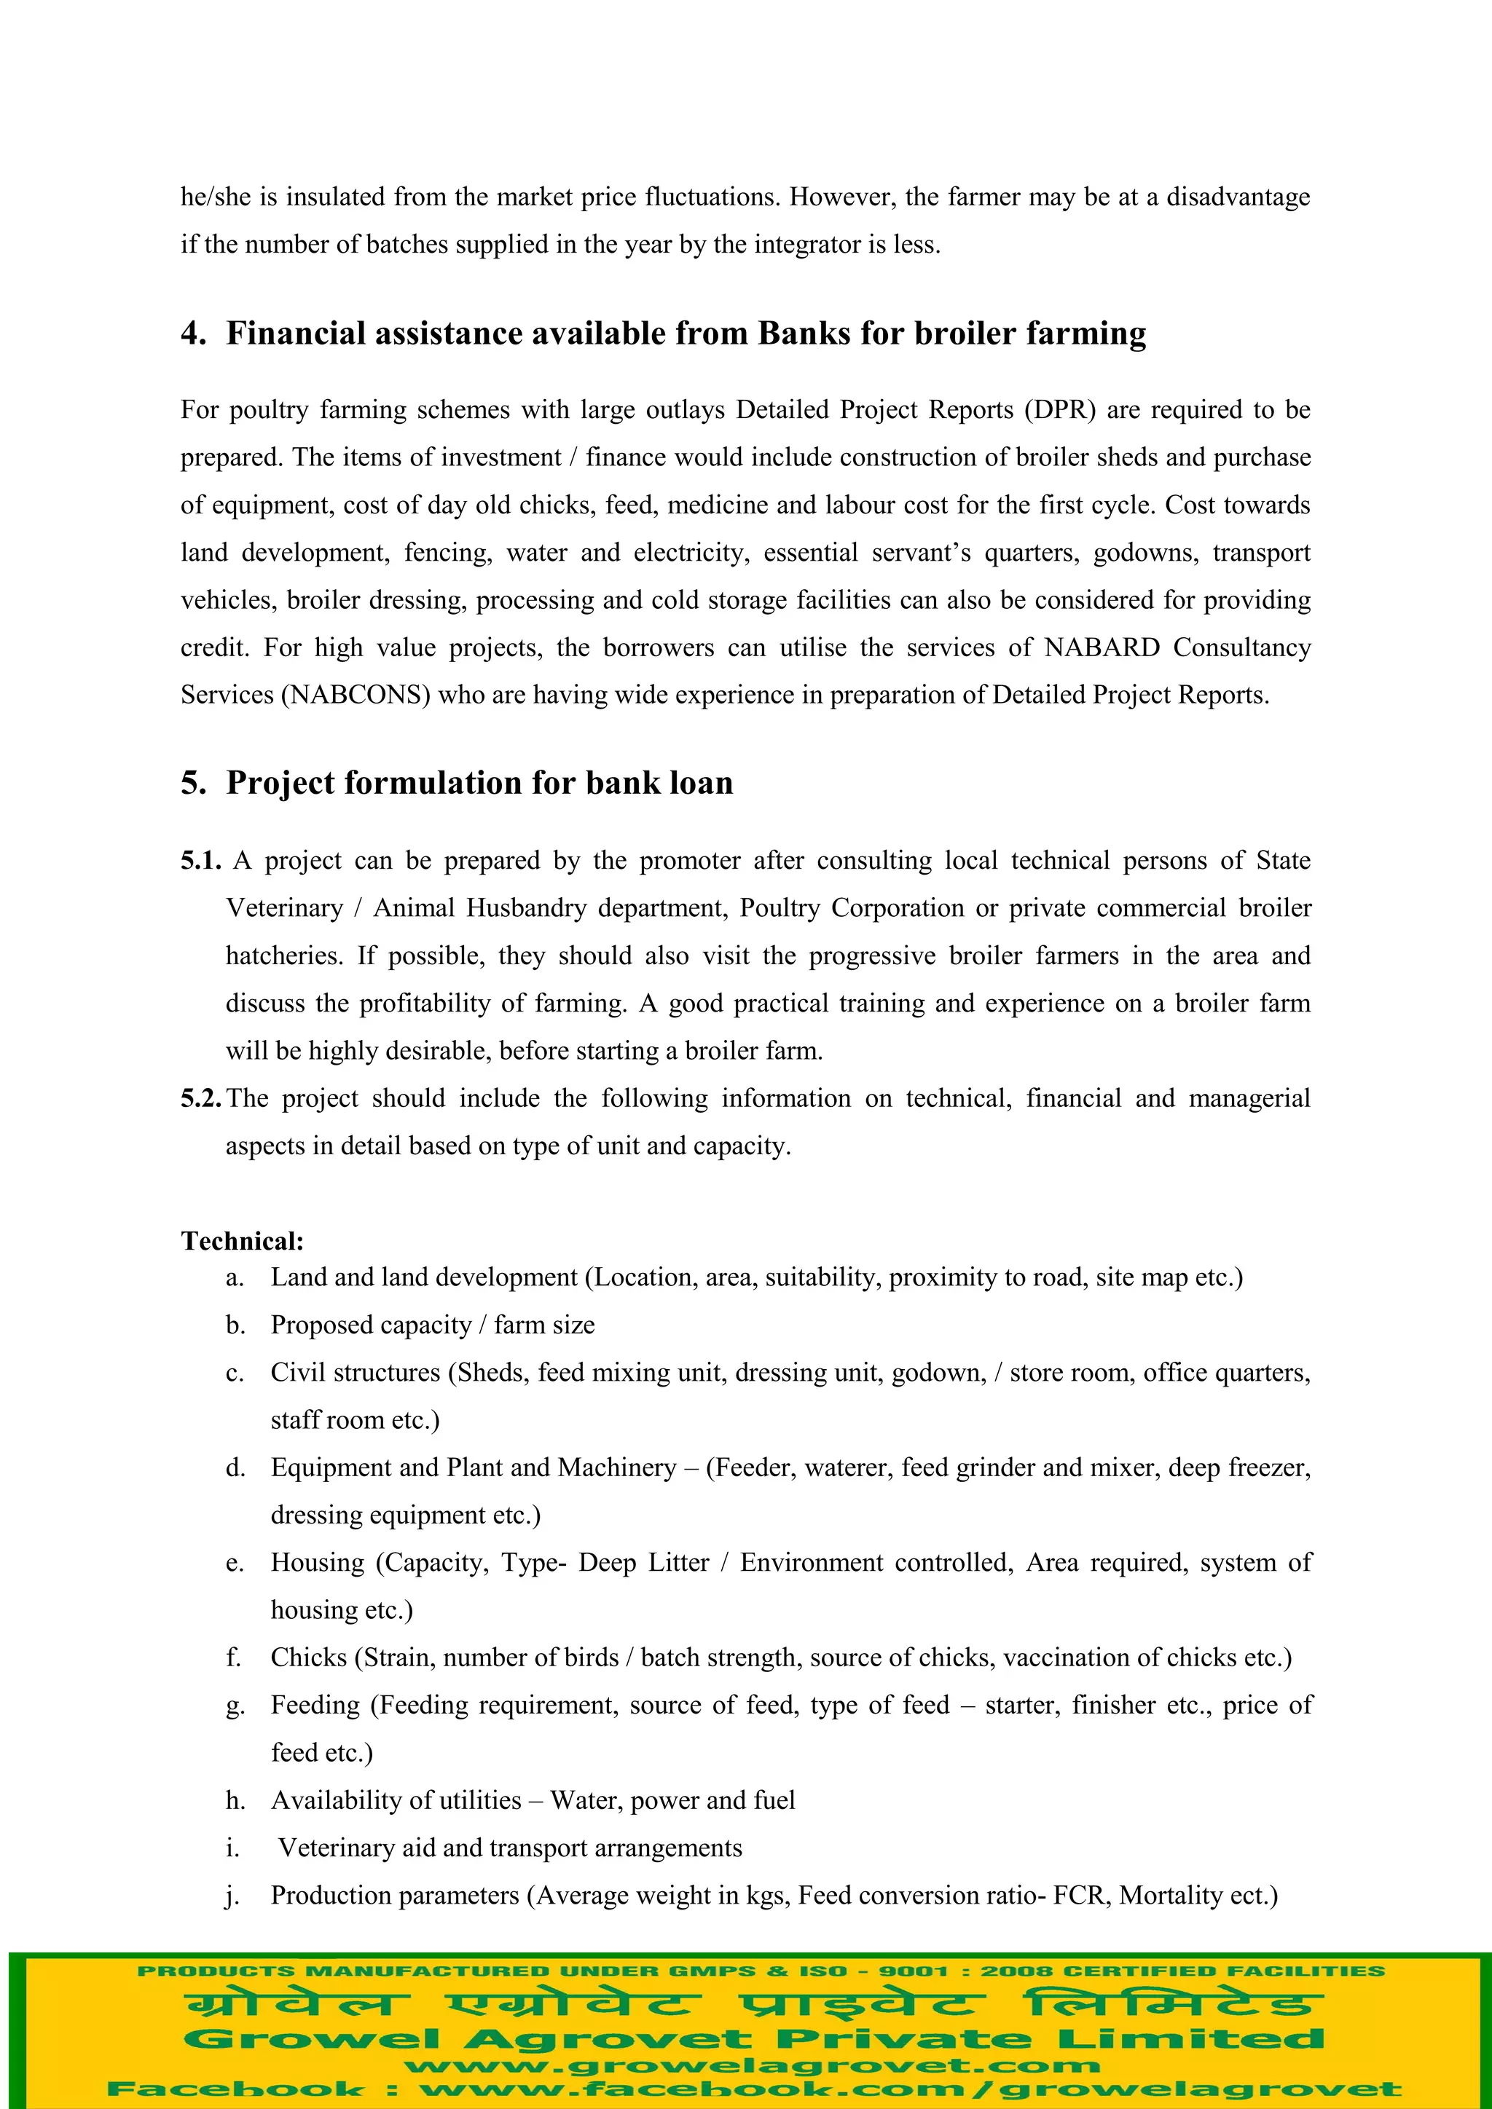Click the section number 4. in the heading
(x=193, y=334)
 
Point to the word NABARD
(x=1102, y=647)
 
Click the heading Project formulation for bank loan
(x=479, y=783)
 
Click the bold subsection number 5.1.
(x=200, y=861)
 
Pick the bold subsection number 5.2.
(x=200, y=1099)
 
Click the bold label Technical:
(x=242, y=1242)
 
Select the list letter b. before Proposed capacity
(x=235, y=1325)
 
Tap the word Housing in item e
(x=317, y=1564)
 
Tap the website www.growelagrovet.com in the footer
(x=752, y=2067)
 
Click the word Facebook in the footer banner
(x=235, y=2090)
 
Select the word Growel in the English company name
(x=313, y=2039)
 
